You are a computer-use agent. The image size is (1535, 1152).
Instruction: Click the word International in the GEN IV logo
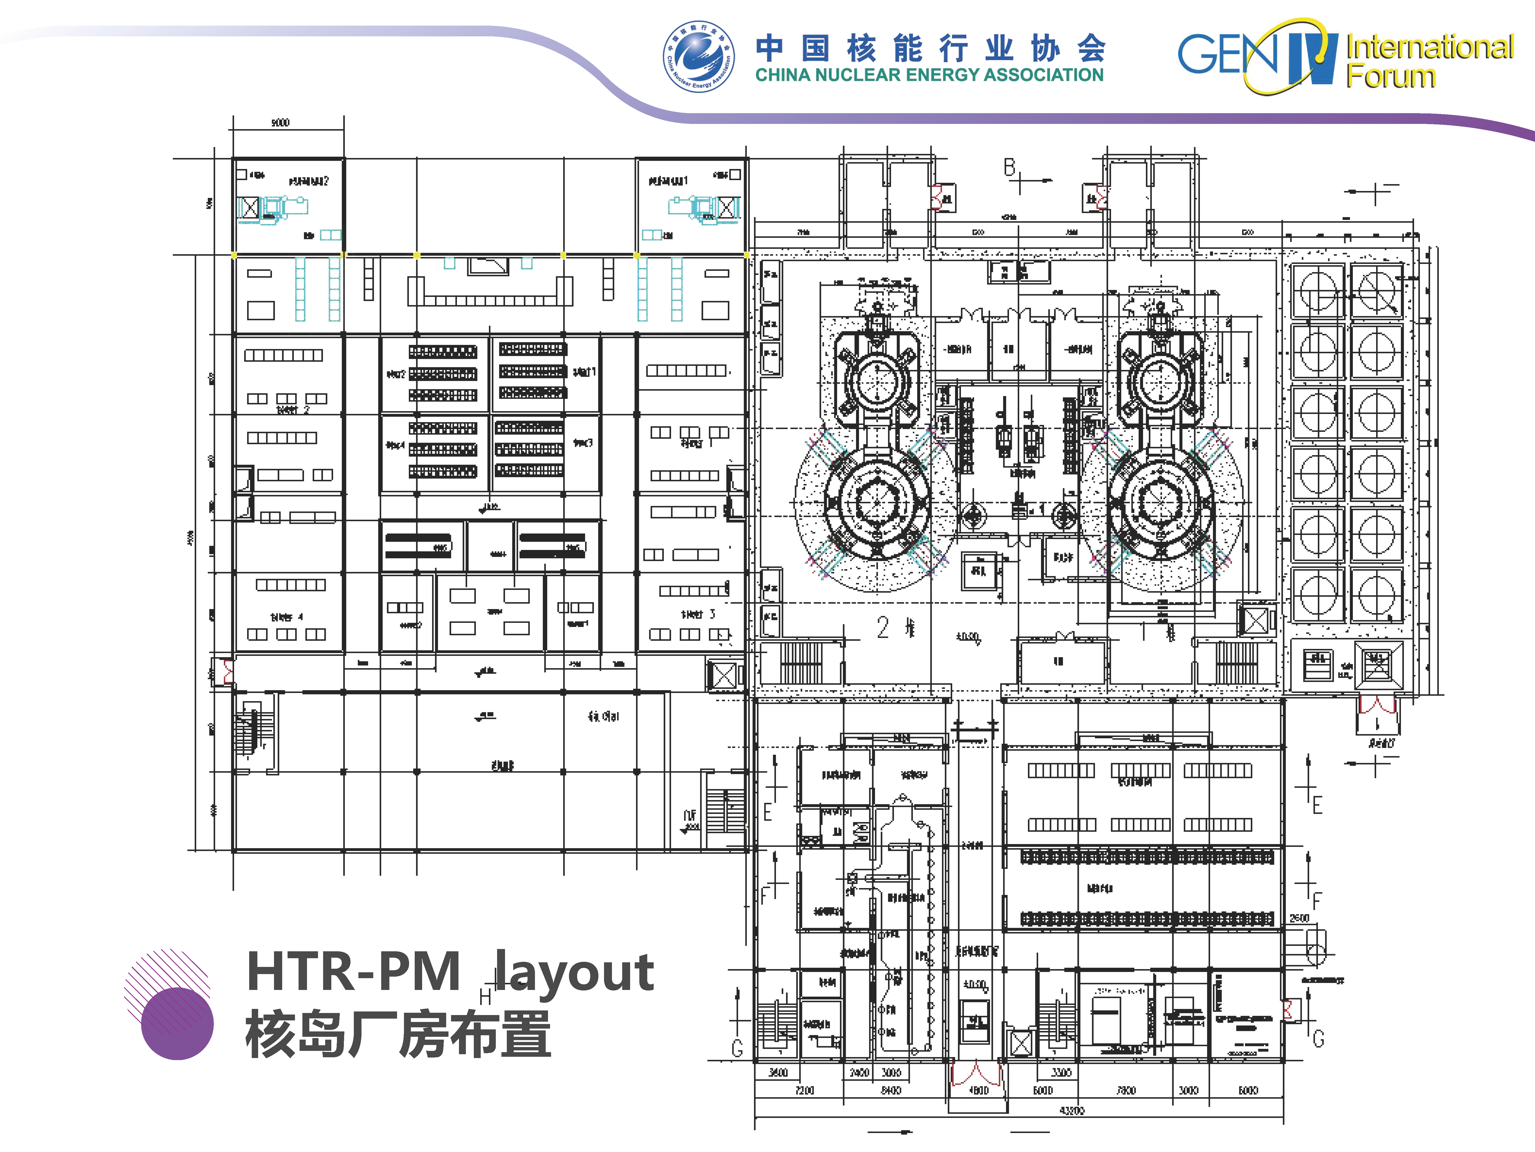point(1430,47)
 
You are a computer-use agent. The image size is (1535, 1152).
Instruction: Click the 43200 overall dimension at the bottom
point(1072,1110)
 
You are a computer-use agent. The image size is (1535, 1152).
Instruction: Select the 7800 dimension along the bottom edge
point(1126,1090)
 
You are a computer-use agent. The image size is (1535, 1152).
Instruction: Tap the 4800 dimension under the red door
point(978,1090)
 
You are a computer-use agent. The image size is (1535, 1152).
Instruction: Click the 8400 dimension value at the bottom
point(891,1090)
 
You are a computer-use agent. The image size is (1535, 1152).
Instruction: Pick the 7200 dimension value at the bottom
point(804,1090)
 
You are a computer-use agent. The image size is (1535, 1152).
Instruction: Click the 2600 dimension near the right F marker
point(1299,918)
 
